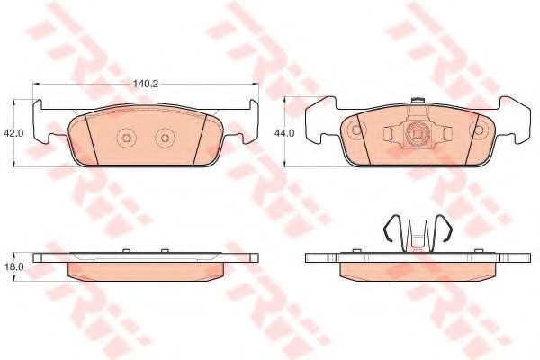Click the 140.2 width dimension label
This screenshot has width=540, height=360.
pos(146,84)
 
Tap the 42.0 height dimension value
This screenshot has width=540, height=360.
pos(13,133)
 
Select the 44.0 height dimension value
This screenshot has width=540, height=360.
pos(284,133)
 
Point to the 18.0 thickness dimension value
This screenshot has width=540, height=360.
pos(13,267)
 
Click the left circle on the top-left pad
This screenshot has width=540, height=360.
pos(126,138)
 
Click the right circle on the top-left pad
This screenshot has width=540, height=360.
pos(165,138)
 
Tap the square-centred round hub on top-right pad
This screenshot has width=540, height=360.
pos(418,132)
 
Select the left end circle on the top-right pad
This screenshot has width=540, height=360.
pos(356,130)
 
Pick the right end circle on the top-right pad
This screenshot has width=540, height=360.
pos(479,130)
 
